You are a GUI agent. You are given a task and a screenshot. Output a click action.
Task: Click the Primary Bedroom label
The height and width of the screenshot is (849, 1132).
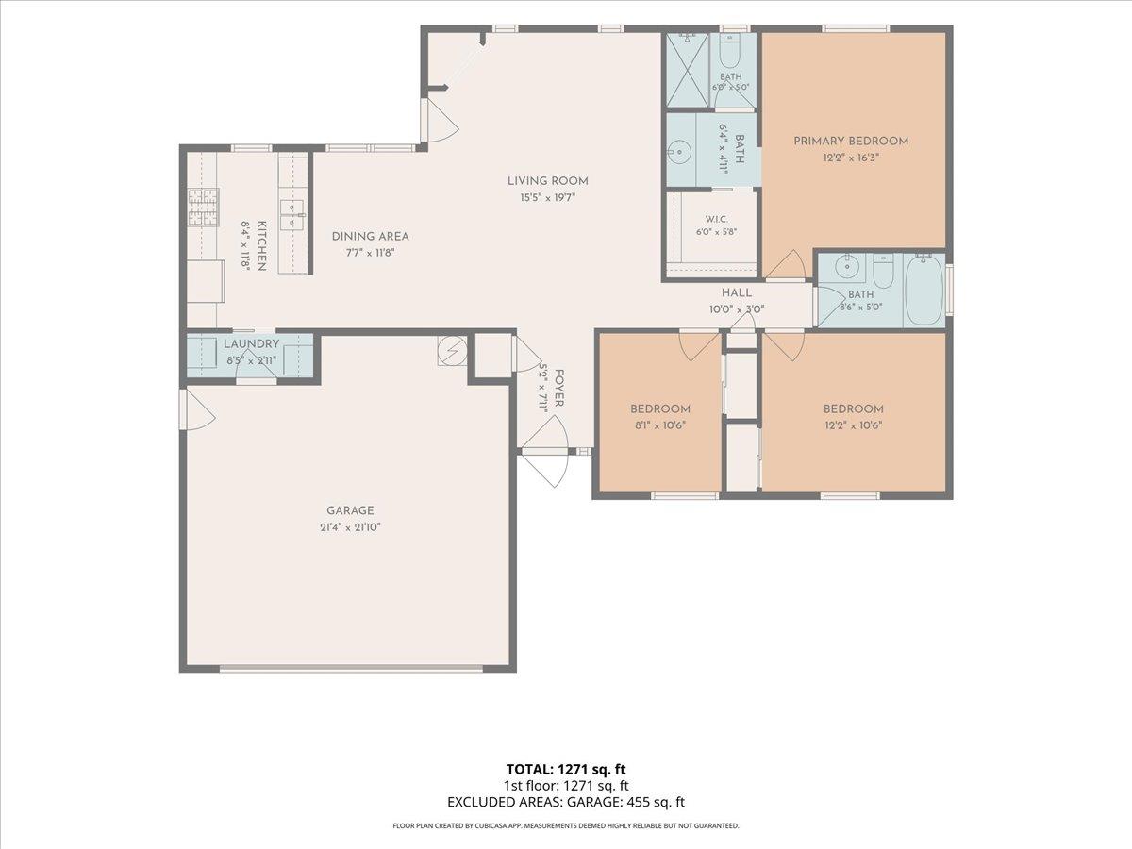point(851,141)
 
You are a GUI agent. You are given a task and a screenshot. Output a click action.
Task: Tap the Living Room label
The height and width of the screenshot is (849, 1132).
point(548,181)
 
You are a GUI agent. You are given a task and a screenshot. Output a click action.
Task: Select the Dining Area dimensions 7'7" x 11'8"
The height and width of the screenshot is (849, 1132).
point(371,253)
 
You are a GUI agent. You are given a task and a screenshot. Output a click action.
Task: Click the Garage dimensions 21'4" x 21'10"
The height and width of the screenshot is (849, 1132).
point(350,527)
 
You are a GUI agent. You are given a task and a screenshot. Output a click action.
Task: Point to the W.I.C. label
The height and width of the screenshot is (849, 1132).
point(716,220)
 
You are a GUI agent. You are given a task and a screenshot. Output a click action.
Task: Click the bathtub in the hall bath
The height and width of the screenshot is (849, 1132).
point(925,290)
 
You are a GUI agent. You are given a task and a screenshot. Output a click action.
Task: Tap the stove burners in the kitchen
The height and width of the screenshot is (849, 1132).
point(203,208)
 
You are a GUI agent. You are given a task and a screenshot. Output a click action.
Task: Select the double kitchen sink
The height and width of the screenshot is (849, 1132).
point(292,215)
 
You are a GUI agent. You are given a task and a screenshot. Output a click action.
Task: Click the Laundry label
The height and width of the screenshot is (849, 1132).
point(251,343)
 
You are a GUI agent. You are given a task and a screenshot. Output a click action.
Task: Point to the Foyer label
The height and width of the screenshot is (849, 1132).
point(559,388)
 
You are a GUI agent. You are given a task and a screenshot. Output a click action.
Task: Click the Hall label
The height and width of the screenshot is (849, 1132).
point(737,292)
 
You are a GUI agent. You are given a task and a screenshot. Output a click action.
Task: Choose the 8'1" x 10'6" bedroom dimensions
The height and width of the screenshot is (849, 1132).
point(660,425)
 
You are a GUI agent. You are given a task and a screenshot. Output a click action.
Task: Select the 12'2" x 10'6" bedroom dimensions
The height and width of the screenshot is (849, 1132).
point(853,425)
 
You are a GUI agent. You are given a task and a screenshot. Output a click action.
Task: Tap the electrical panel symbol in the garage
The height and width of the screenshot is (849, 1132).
point(452,351)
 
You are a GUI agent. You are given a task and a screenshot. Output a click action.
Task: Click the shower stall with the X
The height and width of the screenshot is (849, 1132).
point(688,70)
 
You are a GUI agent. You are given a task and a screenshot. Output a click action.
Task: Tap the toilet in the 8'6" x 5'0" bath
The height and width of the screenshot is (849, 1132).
point(883,272)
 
